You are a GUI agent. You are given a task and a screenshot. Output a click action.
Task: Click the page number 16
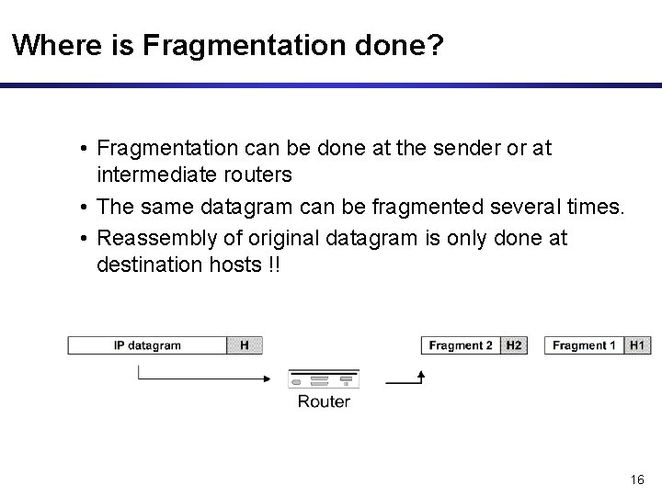click(639, 479)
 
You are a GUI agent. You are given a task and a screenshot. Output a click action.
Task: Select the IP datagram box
click(147, 346)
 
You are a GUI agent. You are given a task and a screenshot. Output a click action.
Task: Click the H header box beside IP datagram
click(245, 346)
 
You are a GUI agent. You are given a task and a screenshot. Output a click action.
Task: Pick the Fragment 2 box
click(461, 346)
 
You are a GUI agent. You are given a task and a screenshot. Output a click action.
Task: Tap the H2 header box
click(514, 346)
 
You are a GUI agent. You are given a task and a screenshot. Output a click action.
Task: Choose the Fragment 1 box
click(585, 346)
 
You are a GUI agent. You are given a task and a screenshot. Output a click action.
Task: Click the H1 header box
click(637, 346)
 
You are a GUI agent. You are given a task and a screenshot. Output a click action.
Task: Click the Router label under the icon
click(324, 401)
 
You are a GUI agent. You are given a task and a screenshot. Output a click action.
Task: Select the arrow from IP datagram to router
click(202, 375)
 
